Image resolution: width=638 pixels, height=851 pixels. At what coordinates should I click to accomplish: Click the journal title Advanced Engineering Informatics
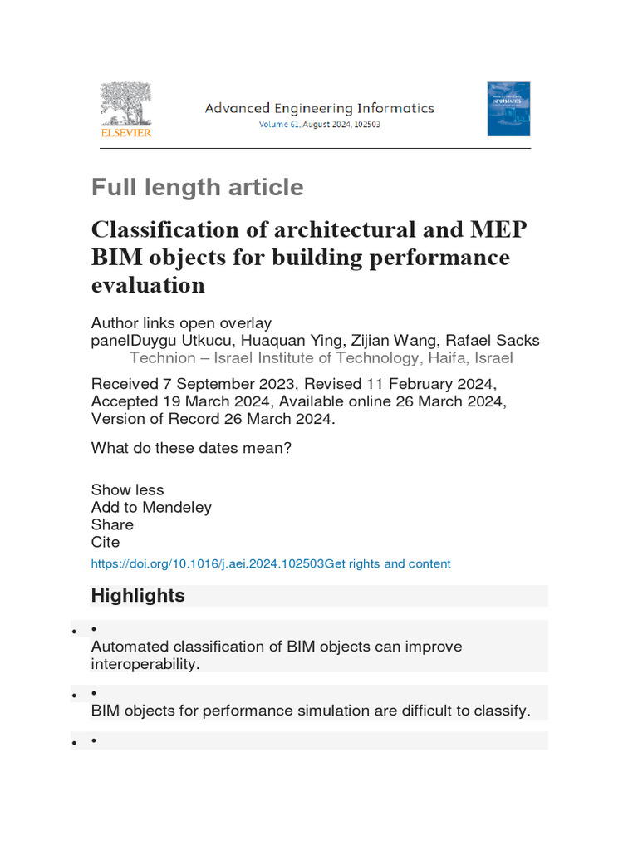pyautogui.click(x=319, y=108)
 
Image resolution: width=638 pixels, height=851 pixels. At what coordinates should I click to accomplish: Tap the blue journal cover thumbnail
pyautogui.click(x=508, y=109)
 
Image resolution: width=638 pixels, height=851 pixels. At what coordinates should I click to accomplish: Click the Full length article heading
pyautogui.click(x=197, y=187)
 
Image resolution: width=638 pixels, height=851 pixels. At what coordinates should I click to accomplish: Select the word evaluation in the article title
pyautogui.click(x=148, y=285)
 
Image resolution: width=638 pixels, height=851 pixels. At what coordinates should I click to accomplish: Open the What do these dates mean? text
pyautogui.click(x=191, y=448)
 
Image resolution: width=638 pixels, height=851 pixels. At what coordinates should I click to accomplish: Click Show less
pyautogui.click(x=127, y=489)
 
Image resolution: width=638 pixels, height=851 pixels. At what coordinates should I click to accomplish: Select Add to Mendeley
pyautogui.click(x=151, y=507)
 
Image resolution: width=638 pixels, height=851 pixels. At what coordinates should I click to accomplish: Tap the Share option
pyautogui.click(x=112, y=524)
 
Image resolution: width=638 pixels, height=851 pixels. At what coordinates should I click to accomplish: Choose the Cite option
pyautogui.click(x=106, y=542)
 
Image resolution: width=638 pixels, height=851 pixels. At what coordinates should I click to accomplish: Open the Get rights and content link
pyautogui.click(x=388, y=563)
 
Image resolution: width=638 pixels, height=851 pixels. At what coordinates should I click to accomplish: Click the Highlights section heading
pyautogui.click(x=138, y=596)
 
